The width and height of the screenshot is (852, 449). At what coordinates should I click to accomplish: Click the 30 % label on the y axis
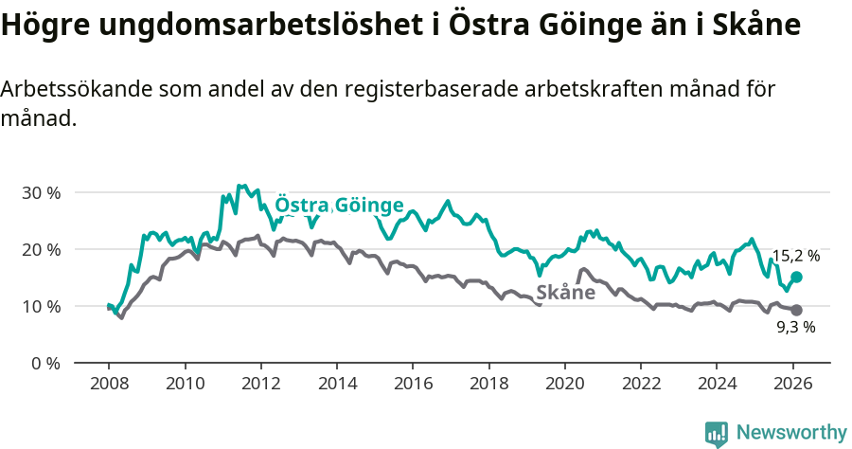(41, 192)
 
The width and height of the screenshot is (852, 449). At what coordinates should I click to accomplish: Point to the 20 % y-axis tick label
(41, 249)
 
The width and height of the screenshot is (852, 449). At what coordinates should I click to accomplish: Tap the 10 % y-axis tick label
(41, 306)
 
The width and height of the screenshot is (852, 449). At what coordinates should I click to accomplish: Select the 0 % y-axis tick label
(44, 363)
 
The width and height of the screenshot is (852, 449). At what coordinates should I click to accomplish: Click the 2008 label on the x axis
(108, 386)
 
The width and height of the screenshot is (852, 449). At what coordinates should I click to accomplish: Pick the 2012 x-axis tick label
(260, 386)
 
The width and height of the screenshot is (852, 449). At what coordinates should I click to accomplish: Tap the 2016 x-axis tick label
(413, 386)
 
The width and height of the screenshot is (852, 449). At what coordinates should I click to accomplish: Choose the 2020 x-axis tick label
(564, 386)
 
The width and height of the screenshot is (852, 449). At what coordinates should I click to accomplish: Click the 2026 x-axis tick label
(792, 386)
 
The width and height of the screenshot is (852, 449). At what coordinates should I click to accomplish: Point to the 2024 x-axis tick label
(717, 386)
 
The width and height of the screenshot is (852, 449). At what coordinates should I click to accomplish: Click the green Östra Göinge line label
(339, 206)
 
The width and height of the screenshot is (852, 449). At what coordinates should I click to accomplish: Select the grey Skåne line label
(565, 293)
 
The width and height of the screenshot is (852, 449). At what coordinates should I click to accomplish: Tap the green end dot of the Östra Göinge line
(796, 277)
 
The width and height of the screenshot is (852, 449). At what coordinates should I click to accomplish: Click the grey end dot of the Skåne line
(796, 310)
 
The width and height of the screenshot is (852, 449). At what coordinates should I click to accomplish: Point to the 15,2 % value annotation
(795, 256)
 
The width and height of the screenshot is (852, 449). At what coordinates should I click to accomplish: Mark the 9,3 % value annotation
(796, 328)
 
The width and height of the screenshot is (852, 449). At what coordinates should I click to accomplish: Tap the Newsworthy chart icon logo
(717, 434)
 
